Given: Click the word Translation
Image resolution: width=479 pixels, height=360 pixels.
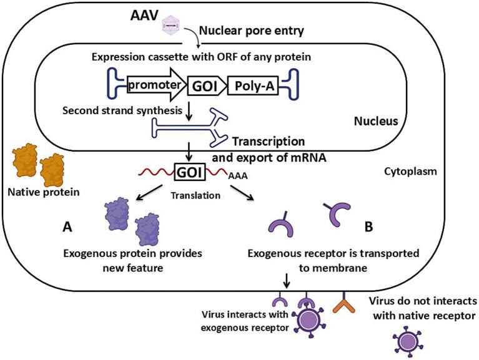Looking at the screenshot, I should pyautogui.click(x=195, y=195).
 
